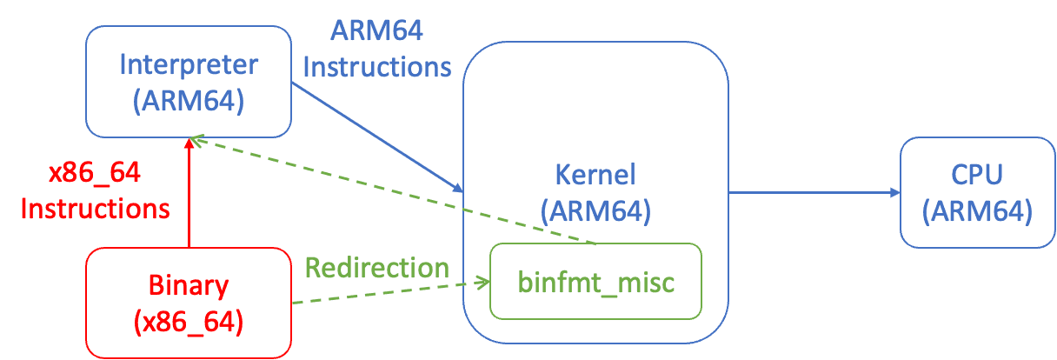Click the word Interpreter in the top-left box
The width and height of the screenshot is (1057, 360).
tap(189, 64)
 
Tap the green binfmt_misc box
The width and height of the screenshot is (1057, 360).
tap(595, 282)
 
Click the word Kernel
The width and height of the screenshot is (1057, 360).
tap(595, 175)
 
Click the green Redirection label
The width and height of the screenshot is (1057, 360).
tap(376, 267)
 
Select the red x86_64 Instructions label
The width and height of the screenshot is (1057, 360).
tap(95, 191)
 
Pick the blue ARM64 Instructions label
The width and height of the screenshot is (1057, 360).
tap(376, 49)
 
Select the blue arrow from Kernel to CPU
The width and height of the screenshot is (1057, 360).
tap(808, 192)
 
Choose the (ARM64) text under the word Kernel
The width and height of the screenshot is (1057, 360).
tap(595, 210)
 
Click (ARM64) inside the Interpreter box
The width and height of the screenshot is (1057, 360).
tap(189, 100)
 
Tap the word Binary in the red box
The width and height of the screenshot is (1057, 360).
tap(189, 285)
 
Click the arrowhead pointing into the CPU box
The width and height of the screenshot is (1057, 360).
tap(894, 192)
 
